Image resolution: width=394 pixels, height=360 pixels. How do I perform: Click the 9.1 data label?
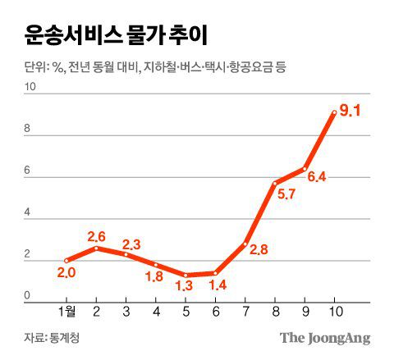coord(350,110)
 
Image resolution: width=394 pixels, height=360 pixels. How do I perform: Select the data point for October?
coord(333,112)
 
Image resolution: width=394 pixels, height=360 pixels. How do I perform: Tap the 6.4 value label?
coord(317,176)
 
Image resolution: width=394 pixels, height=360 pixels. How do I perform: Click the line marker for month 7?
coord(245,243)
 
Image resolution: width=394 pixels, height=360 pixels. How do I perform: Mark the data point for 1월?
coord(66,261)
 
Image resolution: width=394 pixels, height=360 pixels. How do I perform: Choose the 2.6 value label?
coord(97,237)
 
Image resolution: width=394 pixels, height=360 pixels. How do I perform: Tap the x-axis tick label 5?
coord(186,312)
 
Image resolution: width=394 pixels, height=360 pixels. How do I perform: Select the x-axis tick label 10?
coord(333,312)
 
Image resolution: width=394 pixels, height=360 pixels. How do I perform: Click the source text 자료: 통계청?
coord(53,337)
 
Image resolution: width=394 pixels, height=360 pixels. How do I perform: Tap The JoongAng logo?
coord(325,337)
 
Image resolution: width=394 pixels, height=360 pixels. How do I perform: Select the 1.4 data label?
coord(216,285)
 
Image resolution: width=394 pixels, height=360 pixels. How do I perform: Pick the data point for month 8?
coord(274,184)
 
